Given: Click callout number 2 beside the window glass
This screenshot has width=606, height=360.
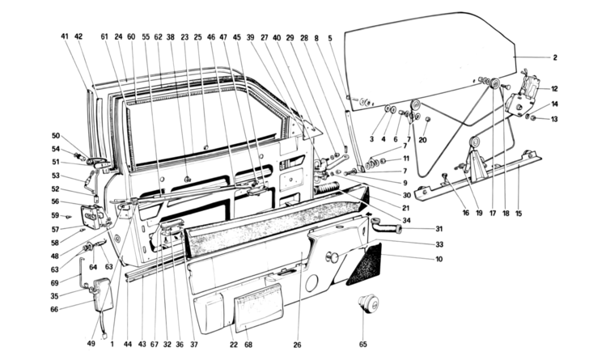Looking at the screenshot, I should [556, 57].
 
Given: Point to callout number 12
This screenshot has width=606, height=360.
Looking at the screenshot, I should [556, 88].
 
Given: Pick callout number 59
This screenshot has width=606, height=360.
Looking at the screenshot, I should [56, 215].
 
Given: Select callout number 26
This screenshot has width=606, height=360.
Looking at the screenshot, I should [298, 344].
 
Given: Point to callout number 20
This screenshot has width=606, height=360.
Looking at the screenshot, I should [422, 140].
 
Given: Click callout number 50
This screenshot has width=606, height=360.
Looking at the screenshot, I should [56, 135].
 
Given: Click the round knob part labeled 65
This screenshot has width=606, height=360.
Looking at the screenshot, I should [370, 305].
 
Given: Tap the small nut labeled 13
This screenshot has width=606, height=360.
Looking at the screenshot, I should [530, 118].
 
